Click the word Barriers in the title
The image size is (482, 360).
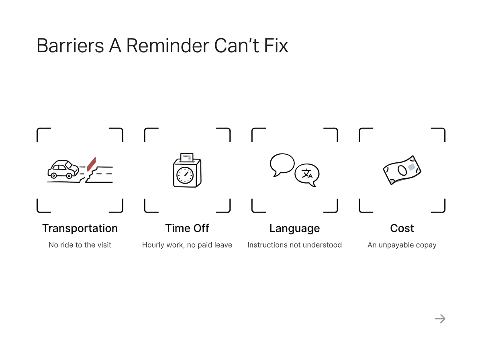(70, 45)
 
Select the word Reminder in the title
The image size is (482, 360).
(167, 45)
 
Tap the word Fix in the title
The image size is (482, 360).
(276, 45)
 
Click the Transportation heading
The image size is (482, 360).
(80, 228)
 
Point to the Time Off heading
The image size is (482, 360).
(187, 228)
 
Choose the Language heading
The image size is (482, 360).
(294, 229)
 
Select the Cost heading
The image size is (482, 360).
(402, 228)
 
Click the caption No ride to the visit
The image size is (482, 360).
(80, 245)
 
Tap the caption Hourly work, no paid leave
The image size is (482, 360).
(187, 245)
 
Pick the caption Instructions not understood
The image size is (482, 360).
(294, 245)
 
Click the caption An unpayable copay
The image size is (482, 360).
(402, 245)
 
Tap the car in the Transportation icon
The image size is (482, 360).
(63, 169)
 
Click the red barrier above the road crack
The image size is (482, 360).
(92, 164)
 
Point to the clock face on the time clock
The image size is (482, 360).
(185, 175)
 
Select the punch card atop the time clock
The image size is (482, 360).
(187, 157)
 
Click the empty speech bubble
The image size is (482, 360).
(282, 164)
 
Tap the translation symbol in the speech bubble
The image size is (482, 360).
(307, 174)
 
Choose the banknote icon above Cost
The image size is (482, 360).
(402, 170)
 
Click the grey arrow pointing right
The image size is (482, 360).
(440, 319)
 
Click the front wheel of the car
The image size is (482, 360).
(69, 176)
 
